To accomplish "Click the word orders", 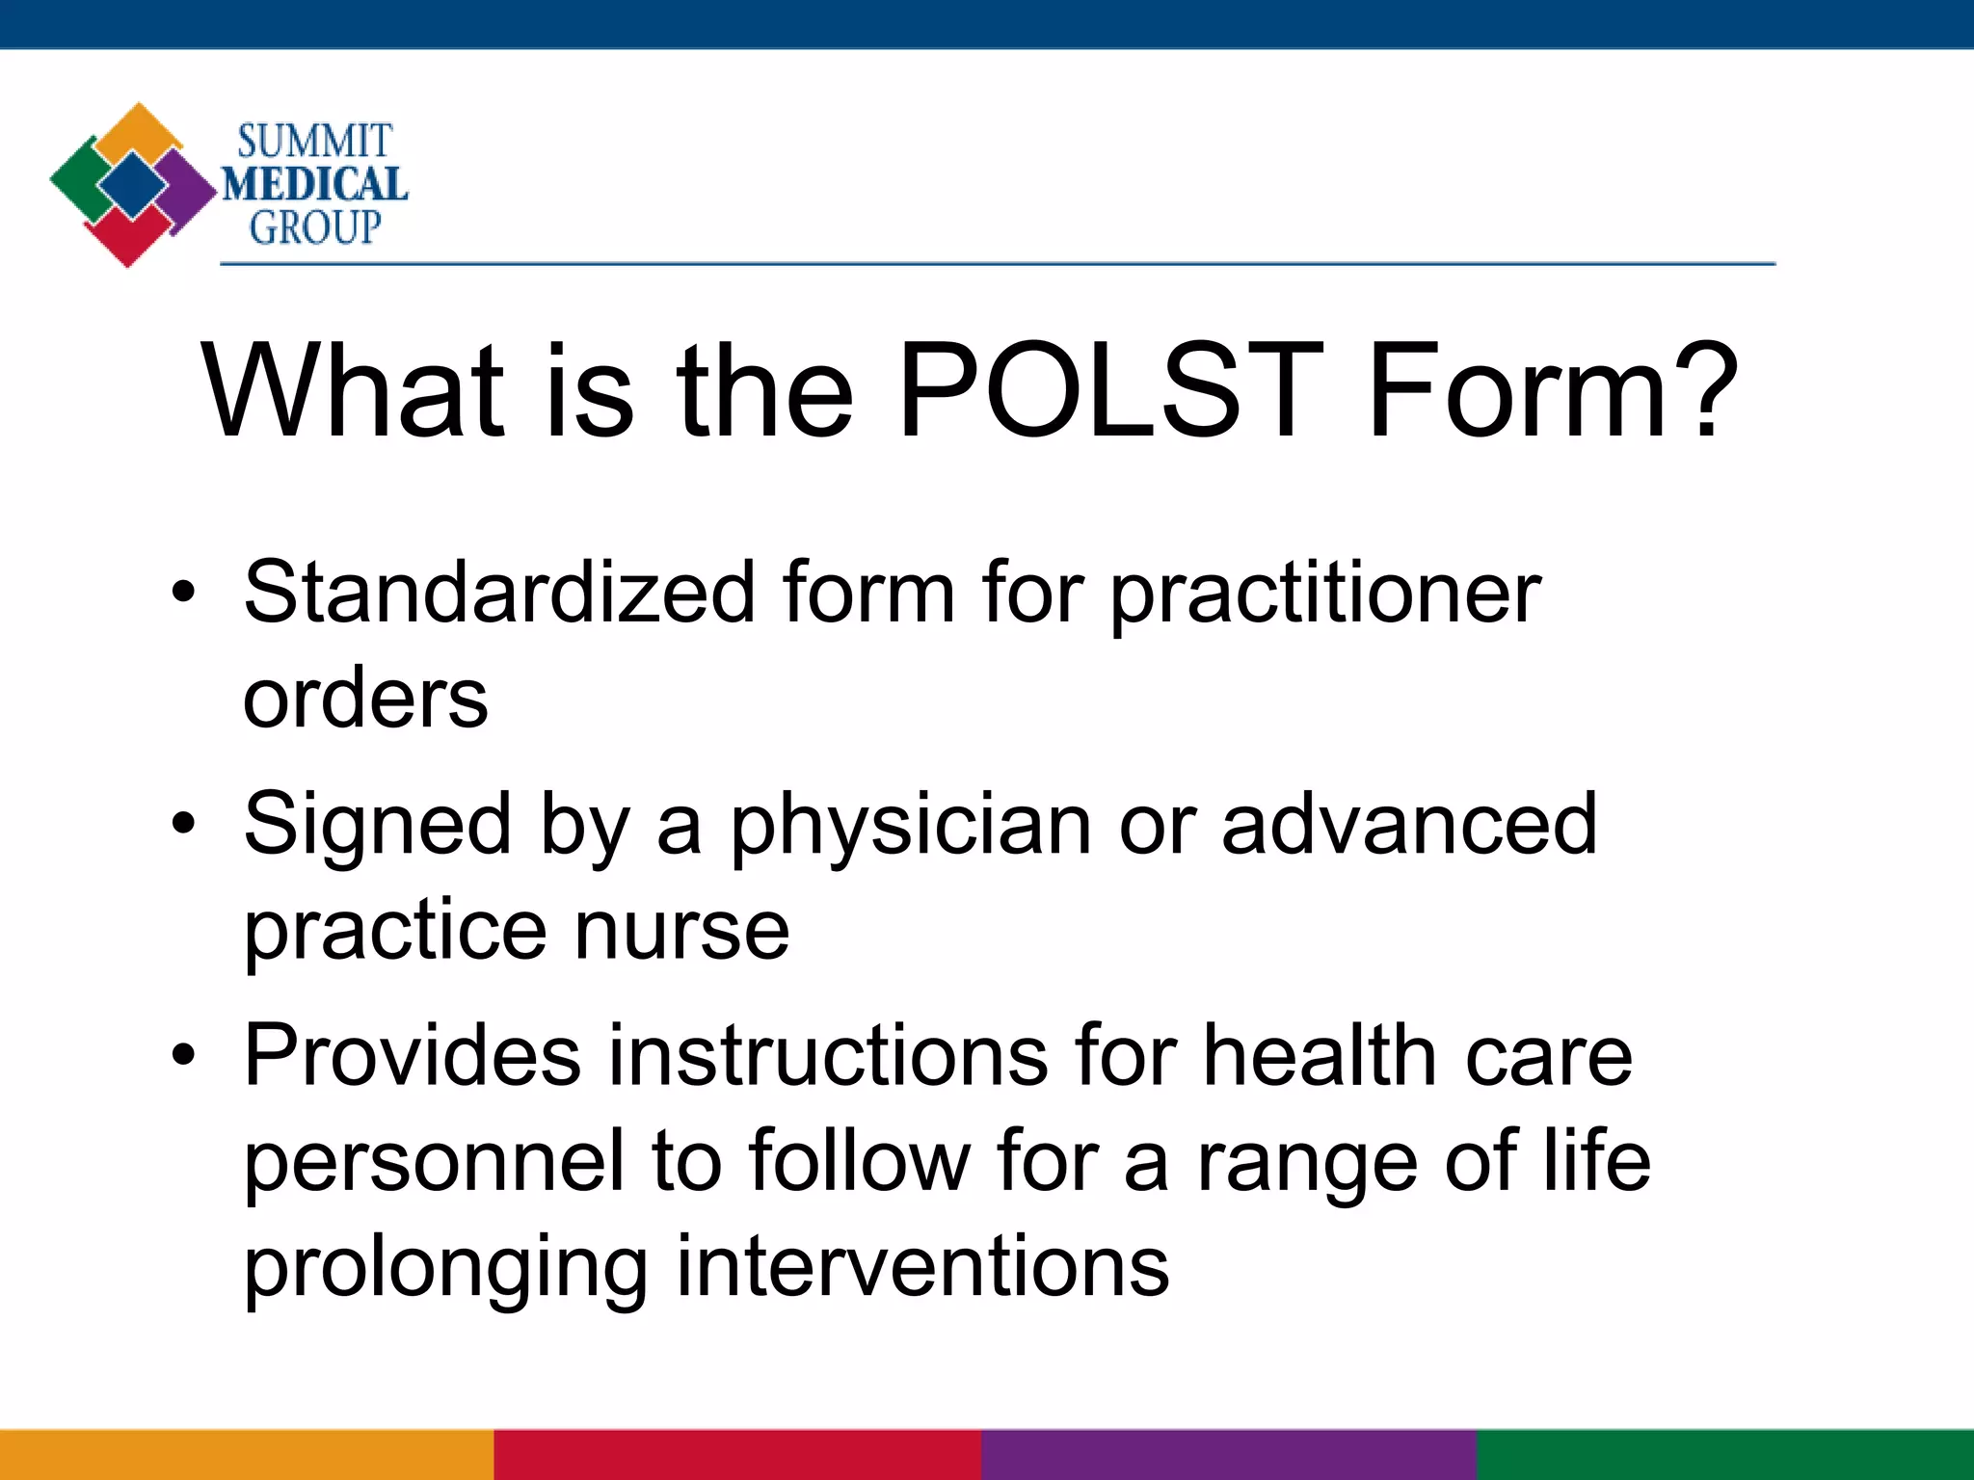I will coord(365,698).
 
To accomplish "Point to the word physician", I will coord(910,827).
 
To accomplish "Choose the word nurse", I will coord(681,931).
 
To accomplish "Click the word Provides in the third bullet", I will coord(413,1056).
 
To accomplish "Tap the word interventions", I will coord(922,1266).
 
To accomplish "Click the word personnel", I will coord(434,1162).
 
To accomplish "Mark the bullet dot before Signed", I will coord(182,825).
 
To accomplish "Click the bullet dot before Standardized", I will coord(182,593).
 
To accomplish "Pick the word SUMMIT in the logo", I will coord(314,142).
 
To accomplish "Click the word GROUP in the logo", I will coord(315,228).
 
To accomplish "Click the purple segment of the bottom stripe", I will coord(1229,1455).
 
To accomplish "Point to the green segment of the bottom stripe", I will coord(1725,1455).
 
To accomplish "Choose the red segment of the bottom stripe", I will coord(737,1455).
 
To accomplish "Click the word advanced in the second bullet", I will coord(1409,825).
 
